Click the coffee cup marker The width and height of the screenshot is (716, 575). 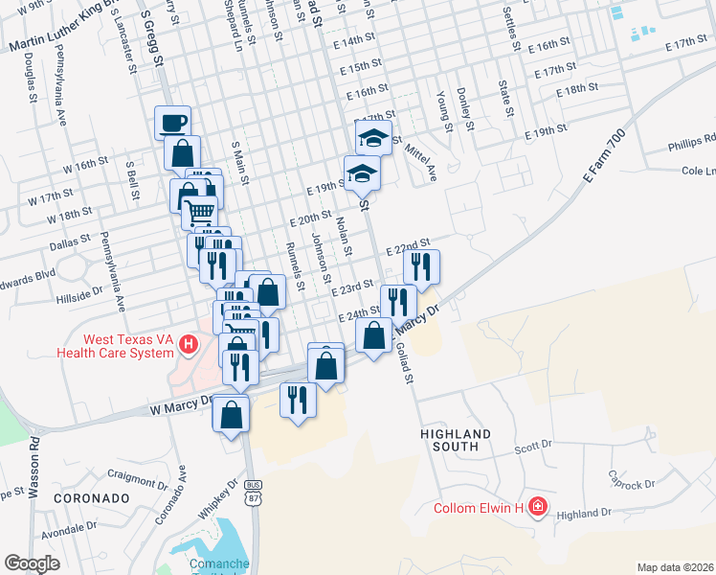tap(172, 123)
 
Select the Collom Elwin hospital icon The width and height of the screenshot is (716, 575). tap(538, 506)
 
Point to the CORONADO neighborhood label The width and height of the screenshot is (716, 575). tap(91, 499)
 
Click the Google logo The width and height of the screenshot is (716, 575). tap(33, 563)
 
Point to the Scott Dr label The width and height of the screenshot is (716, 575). tap(534, 447)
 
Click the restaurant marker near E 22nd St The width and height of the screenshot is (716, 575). tap(421, 265)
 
